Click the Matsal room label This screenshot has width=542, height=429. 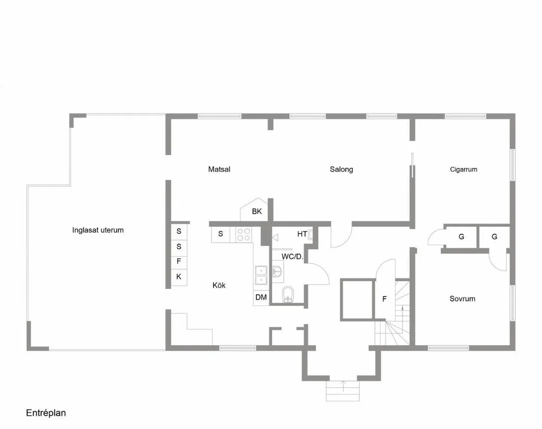[x=219, y=170]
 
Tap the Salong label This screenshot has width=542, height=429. [x=341, y=170]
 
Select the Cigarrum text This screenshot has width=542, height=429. [x=463, y=170]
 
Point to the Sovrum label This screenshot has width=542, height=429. [x=462, y=299]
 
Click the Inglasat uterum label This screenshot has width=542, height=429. [x=98, y=230]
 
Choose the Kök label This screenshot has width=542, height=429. [x=219, y=285]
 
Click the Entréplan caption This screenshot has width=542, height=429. [x=46, y=413]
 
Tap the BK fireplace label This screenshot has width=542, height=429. [x=257, y=212]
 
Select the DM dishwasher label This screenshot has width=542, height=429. [x=261, y=297]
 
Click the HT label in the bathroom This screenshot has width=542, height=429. [x=302, y=234]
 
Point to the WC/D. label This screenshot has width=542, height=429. [x=292, y=256]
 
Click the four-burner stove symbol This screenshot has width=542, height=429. [x=244, y=234]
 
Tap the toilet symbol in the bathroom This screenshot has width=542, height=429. [x=288, y=294]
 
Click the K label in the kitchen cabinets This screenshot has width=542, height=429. [x=179, y=277]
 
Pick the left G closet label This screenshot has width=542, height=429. [x=461, y=237]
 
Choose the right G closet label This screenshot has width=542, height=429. [x=494, y=237]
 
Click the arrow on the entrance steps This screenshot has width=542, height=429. [x=343, y=383]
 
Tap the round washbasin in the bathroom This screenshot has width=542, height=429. [x=277, y=271]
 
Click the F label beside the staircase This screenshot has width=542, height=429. [x=384, y=299]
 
